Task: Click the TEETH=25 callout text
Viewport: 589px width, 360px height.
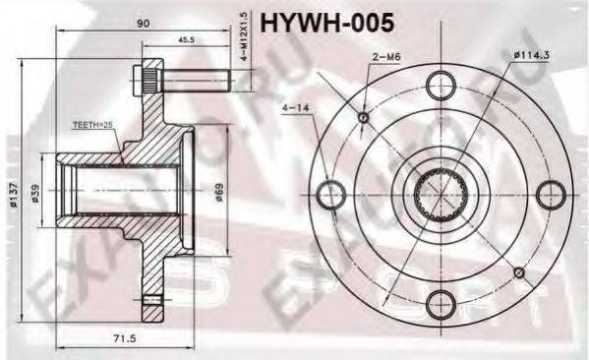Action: pos(93,125)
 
